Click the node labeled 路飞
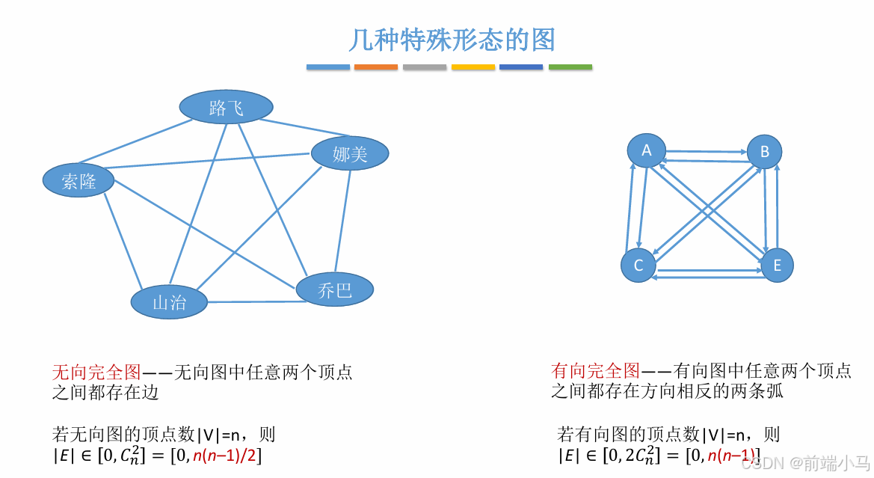(226, 108)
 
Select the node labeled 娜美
(350, 153)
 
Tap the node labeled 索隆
(79, 180)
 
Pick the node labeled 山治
(169, 302)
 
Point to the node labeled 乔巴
(334, 289)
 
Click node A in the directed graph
(647, 150)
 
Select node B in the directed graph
(764, 152)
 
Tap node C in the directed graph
(638, 266)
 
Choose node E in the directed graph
(777, 266)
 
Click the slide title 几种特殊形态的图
(452, 40)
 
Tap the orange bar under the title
(376, 67)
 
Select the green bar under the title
(570, 67)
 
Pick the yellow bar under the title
(473, 67)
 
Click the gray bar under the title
(425, 67)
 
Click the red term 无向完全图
(96, 372)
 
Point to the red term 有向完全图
(595, 370)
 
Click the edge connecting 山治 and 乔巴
(252, 302)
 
